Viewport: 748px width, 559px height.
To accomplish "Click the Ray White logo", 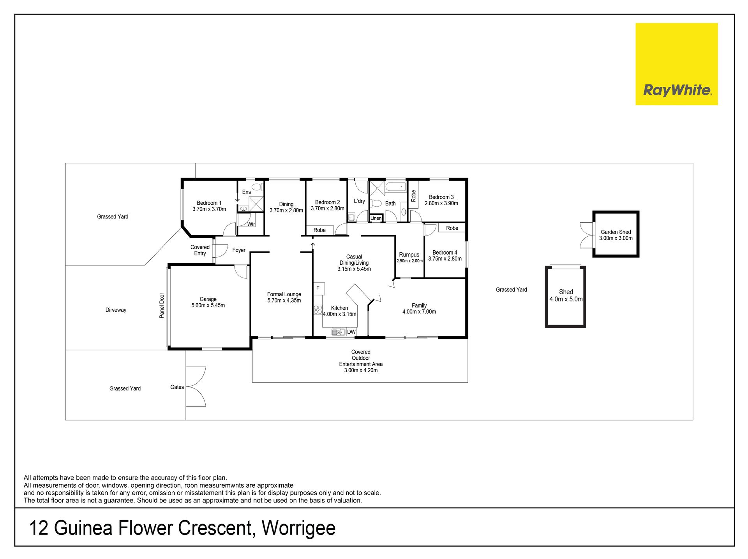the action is click(x=676, y=64).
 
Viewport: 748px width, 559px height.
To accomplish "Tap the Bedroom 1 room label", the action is click(x=209, y=203).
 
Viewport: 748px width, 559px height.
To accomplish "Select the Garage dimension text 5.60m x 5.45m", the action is click(x=208, y=306).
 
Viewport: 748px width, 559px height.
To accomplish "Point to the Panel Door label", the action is click(x=162, y=306).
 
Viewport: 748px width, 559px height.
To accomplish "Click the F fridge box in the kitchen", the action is click(x=319, y=288).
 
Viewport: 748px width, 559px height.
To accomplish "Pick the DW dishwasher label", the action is click(x=351, y=332).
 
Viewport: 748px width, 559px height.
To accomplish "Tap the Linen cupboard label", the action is click(x=376, y=218).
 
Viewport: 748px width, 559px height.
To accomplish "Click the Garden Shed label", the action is click(x=616, y=232).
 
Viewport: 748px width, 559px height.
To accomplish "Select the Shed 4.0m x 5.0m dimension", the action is click(x=566, y=299).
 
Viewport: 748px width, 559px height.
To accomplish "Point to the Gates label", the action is click(x=177, y=387).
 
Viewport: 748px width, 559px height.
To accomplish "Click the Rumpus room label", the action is click(x=409, y=255).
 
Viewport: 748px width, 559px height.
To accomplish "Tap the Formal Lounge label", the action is click(x=284, y=294).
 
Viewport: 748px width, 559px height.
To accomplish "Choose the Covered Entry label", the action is click(x=200, y=250).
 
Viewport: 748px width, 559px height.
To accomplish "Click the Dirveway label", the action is click(x=116, y=310).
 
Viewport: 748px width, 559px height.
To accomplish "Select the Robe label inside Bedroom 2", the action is click(x=319, y=230).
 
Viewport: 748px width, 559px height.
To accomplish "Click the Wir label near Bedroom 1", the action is click(x=251, y=224).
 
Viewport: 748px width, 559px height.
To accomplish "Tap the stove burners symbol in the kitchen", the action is click(x=318, y=310).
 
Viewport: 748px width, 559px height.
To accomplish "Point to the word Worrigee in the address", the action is click(x=298, y=528).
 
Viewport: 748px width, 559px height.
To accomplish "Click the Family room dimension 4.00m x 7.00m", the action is click(x=419, y=312).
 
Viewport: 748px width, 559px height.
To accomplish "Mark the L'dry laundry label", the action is click(x=359, y=201).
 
